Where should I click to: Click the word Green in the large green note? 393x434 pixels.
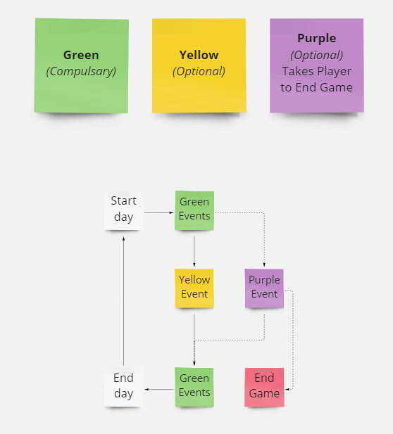(x=81, y=55)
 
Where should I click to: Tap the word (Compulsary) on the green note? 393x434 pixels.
(x=81, y=72)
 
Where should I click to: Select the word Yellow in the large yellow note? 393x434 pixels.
(x=199, y=55)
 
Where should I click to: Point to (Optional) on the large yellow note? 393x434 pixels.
(x=199, y=72)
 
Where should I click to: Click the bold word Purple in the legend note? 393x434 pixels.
(x=316, y=39)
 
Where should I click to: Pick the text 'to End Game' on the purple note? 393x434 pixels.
(x=316, y=87)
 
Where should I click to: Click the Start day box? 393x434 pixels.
(x=124, y=210)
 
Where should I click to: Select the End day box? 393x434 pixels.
(x=124, y=387)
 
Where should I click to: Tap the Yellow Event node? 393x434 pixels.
(x=194, y=288)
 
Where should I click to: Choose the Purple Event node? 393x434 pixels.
(x=264, y=288)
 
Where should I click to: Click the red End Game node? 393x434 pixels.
(x=264, y=387)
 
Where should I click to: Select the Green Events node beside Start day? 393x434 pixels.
(x=194, y=210)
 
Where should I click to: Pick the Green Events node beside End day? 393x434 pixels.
(x=194, y=387)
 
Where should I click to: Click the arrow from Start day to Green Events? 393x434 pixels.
(x=158, y=212)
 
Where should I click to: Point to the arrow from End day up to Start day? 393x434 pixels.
(x=124, y=301)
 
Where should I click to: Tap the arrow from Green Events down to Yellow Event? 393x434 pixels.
(x=194, y=251)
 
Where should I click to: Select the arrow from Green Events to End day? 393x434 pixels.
(x=159, y=389)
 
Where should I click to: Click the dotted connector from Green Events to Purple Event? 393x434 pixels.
(x=264, y=213)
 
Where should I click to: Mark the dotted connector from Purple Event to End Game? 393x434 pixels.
(x=293, y=340)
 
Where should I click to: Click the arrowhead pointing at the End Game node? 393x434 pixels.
(x=287, y=389)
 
